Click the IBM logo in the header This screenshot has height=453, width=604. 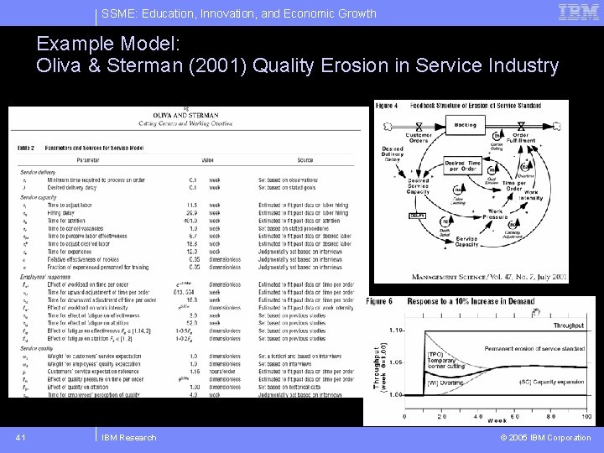tap(578, 12)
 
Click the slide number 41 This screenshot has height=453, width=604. tap(21, 437)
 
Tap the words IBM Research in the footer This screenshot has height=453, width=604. tap(128, 437)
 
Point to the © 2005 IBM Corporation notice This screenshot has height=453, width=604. tap(545, 437)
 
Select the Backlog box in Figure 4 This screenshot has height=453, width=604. tap(466, 124)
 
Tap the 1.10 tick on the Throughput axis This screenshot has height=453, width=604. tap(396, 330)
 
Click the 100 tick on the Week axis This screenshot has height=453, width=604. tap(586, 416)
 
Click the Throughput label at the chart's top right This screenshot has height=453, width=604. tap(568, 325)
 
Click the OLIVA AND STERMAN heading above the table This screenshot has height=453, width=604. tap(185, 115)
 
